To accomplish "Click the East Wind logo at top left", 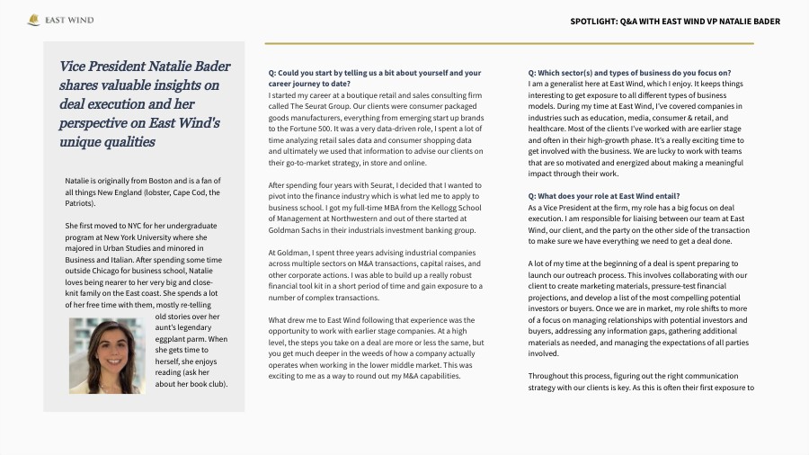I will click(x=60, y=20).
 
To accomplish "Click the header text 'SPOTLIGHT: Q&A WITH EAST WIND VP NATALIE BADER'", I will click(x=674, y=21).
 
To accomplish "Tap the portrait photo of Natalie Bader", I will click(x=107, y=356).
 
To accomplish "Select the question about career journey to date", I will click(x=375, y=77).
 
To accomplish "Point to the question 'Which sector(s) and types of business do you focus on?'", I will click(x=629, y=72).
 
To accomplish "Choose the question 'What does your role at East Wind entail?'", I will click(x=604, y=195).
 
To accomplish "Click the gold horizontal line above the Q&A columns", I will click(x=509, y=43).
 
